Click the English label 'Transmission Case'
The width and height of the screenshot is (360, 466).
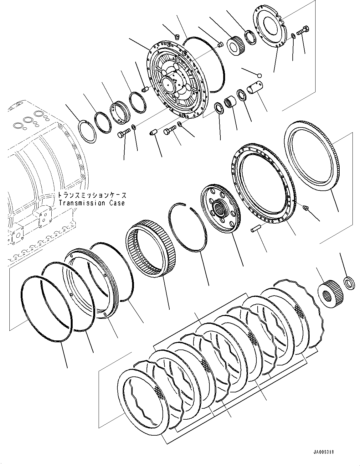pos(91,203)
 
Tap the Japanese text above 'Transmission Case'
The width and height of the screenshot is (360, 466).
pos(92,195)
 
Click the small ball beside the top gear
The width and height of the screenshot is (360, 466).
pos(259,75)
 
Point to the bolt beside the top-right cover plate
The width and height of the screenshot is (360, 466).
pos(302,31)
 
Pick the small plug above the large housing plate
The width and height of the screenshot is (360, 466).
pos(176,37)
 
